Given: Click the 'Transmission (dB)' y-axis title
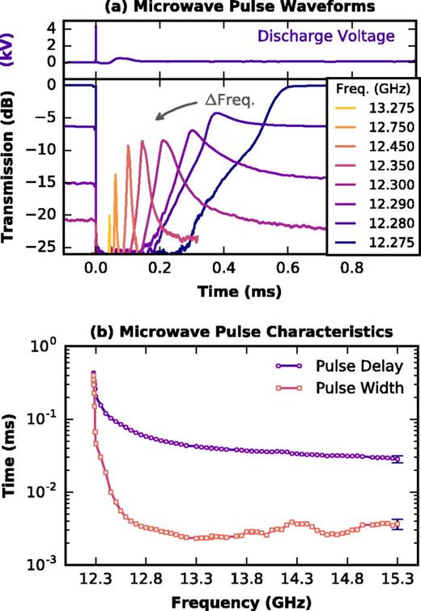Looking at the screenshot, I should [12, 168].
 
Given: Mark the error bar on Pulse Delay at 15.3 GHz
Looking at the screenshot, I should [397, 459].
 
